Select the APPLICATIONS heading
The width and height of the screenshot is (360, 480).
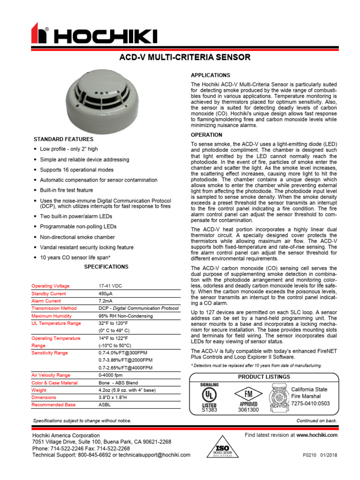click(x=210, y=75)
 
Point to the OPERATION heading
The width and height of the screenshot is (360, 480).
click(x=206, y=135)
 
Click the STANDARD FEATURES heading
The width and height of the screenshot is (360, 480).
click(x=63, y=139)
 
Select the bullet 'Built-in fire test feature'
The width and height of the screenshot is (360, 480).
click(x=66, y=190)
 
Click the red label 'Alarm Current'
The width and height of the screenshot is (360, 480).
click(x=46, y=301)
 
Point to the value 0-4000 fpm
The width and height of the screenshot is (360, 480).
click(x=111, y=375)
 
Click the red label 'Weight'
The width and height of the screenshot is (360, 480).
click(x=39, y=390)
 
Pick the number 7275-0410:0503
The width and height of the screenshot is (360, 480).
click(x=310, y=404)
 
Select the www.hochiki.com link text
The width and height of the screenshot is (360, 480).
click(x=317, y=435)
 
